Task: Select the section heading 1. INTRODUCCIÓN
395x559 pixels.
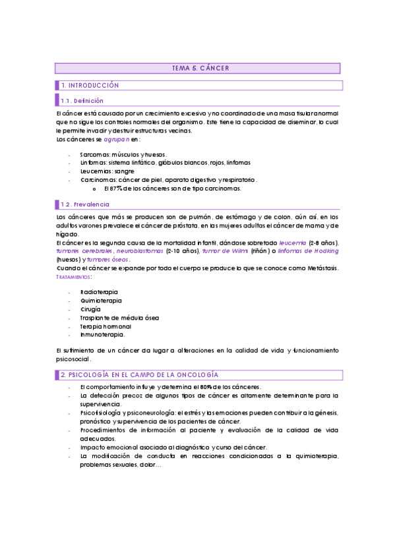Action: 90,86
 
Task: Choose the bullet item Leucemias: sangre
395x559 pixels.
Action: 107,171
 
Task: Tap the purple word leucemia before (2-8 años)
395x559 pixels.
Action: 291,243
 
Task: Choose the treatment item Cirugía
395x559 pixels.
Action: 90,309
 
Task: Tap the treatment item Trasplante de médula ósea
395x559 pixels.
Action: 119,318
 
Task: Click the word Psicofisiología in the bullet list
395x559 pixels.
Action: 101,413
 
